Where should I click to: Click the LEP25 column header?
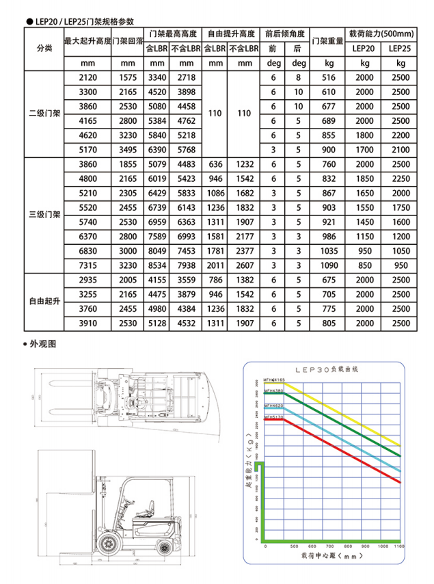click(x=401, y=49)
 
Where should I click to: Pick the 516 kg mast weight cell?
click(x=328, y=78)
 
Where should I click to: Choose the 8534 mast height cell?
click(x=157, y=265)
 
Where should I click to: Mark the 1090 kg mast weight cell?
click(x=328, y=265)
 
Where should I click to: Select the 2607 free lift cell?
click(x=244, y=265)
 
